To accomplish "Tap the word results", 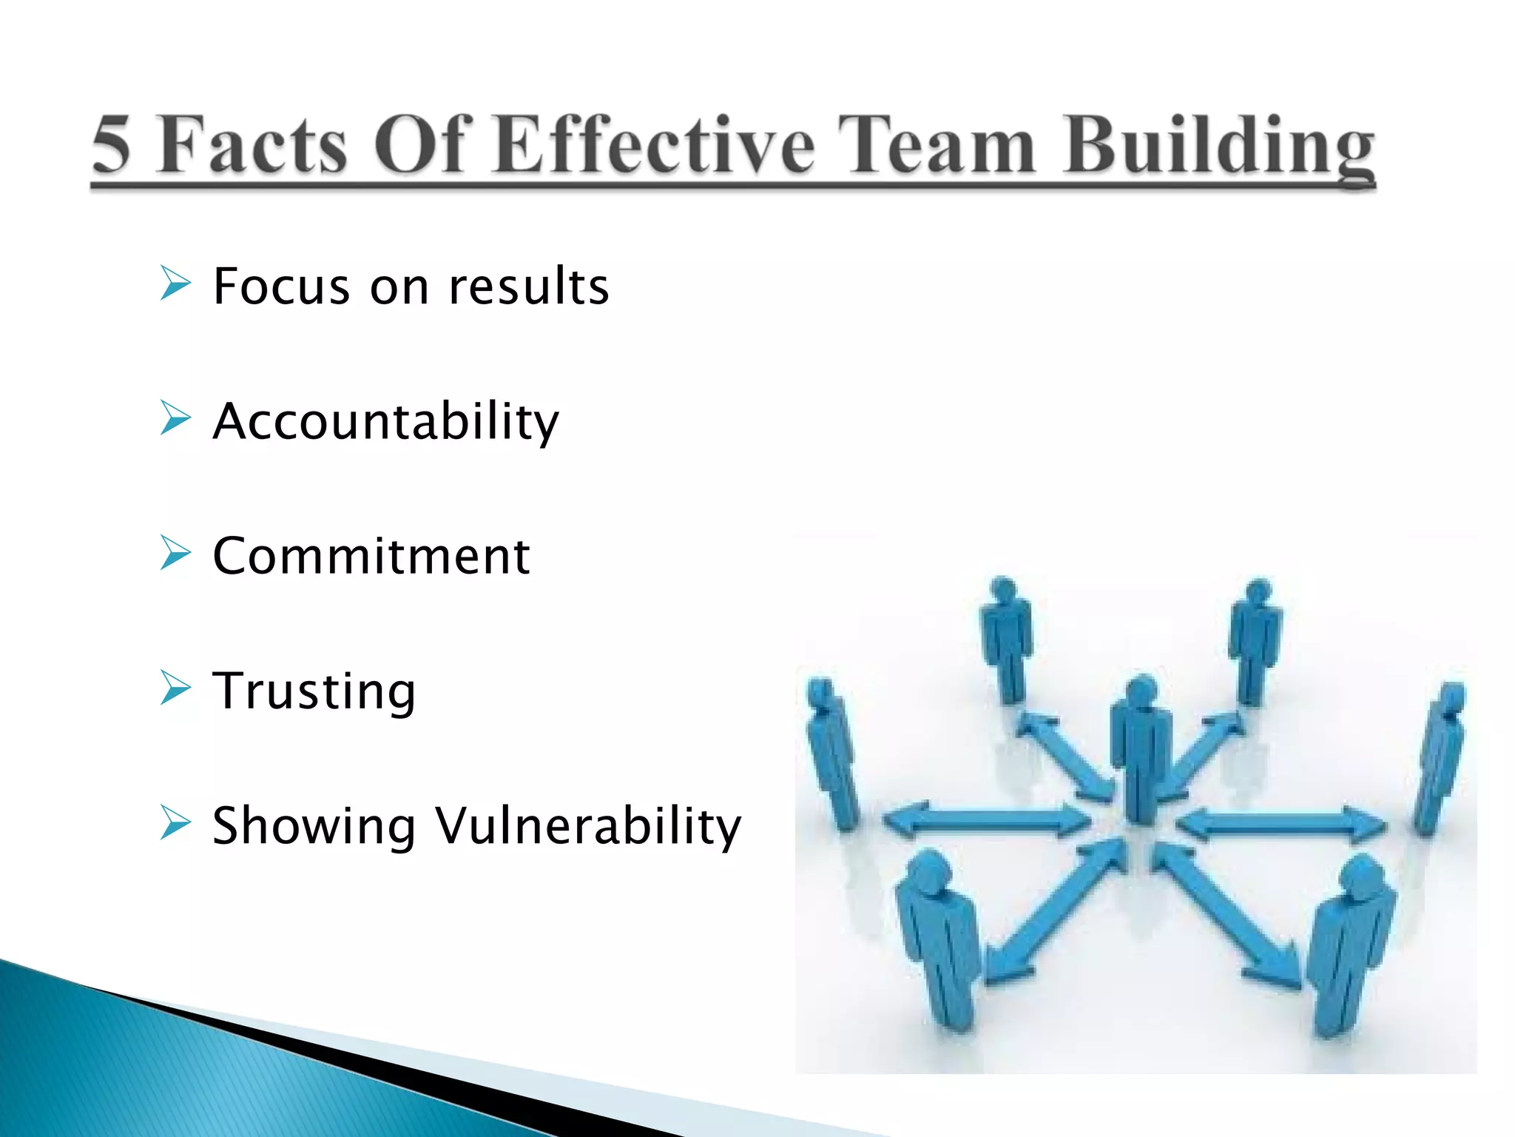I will (529, 286).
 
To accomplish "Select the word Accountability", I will (385, 421).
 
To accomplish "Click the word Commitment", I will (371, 556).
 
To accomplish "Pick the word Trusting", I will (314, 691).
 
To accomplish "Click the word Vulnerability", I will (587, 826).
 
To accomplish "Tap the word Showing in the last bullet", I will (314, 826).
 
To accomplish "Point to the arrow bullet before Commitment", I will (175, 553).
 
